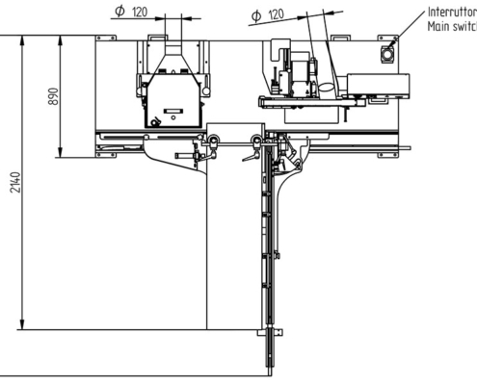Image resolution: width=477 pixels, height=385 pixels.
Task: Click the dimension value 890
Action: (x=55, y=98)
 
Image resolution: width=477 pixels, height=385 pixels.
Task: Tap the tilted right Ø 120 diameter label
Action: (x=267, y=15)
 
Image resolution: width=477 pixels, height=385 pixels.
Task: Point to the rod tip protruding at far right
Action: (x=406, y=148)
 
